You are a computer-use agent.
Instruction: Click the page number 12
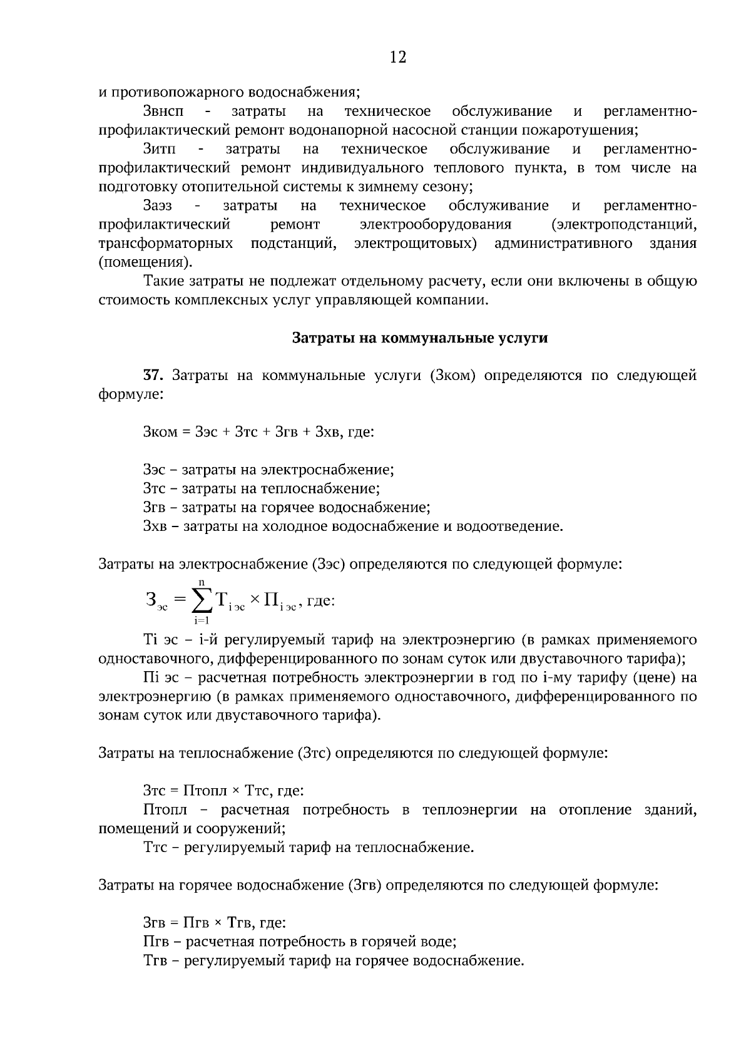[398, 58]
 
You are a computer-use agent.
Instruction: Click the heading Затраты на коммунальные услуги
[420, 338]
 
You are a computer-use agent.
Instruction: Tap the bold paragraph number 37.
[153, 376]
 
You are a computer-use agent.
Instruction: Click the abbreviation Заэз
[158, 205]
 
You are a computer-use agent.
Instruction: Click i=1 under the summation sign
[202, 620]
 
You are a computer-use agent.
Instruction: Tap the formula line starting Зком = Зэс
[258, 432]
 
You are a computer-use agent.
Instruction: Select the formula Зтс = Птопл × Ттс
[223, 791]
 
